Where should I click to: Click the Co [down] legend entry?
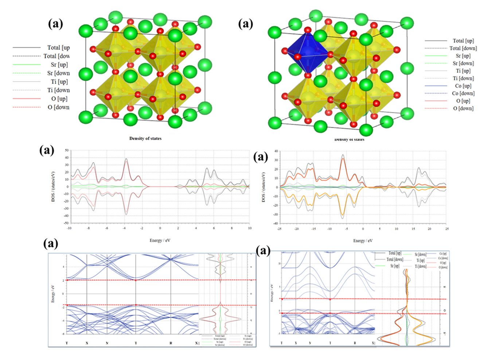pos(463,93)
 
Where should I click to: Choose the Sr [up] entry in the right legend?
pos(463,56)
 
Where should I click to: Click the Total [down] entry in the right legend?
pos(463,48)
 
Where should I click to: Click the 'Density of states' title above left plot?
pos(145,138)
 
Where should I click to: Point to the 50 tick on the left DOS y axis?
pos(67,150)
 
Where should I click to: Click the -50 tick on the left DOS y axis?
pos(66,223)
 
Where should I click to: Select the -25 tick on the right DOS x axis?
pos(279,229)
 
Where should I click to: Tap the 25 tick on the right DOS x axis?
pos(447,229)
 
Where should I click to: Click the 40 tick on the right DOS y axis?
pos(276,151)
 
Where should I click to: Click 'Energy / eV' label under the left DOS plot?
pos(160,240)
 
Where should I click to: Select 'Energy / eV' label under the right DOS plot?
pos(363,240)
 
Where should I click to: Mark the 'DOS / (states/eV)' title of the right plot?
pos(263,187)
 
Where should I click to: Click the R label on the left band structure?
pos(171,343)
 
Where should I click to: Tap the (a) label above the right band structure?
pos(263,251)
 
